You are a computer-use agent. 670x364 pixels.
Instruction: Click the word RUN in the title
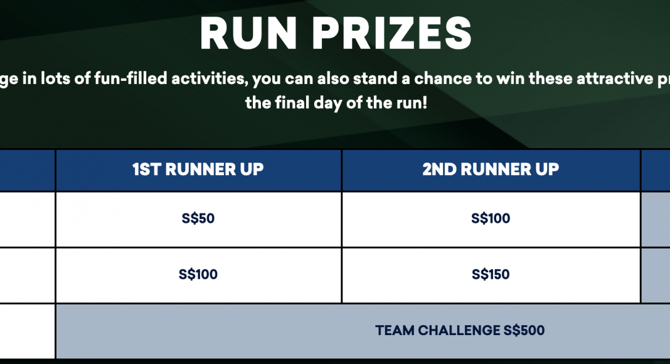[x=248, y=34]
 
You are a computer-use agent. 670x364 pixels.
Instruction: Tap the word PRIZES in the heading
[x=392, y=34]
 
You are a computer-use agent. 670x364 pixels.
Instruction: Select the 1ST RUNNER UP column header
[x=198, y=169]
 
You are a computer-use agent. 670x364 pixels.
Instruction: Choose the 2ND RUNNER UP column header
[x=491, y=169]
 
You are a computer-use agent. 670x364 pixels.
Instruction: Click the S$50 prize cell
[x=198, y=218]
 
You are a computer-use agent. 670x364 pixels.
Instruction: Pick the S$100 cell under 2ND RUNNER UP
[x=491, y=218]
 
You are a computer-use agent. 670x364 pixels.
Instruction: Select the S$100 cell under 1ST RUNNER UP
[x=198, y=274]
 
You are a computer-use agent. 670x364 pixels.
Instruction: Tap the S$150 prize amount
[x=491, y=274]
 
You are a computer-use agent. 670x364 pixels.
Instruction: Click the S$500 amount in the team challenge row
[x=524, y=330]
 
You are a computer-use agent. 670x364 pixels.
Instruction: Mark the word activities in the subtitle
[x=210, y=79]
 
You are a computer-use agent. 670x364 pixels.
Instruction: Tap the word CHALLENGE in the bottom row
[x=459, y=330]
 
